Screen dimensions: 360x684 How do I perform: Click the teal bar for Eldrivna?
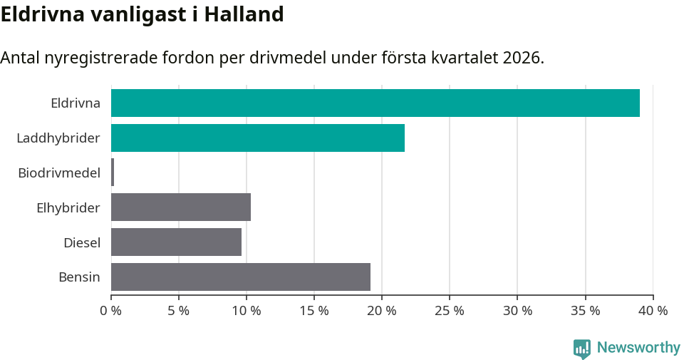[375, 103]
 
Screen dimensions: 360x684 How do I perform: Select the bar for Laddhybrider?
[258, 138]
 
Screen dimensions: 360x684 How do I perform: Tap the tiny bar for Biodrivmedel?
[113, 173]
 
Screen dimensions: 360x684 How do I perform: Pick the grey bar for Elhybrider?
[181, 207]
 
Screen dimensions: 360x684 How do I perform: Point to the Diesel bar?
[177, 242]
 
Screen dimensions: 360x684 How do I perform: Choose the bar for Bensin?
[241, 277]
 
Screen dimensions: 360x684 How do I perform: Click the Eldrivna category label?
[76, 103]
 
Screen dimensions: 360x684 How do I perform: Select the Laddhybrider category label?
[58, 138]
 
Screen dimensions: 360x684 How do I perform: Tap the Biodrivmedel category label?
[59, 173]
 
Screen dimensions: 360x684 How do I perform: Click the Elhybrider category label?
[68, 208]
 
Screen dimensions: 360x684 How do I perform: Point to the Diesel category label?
[82, 243]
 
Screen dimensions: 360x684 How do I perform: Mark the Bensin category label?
[79, 277]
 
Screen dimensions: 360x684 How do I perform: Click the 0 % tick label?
[111, 311]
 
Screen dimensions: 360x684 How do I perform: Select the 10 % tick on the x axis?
[247, 311]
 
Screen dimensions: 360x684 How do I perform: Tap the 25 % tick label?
[450, 311]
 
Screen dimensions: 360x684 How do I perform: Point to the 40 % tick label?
[653, 311]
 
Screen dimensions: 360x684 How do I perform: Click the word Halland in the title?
[244, 14]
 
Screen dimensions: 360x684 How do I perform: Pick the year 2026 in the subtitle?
[522, 58]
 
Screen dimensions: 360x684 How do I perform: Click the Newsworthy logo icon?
[582, 348]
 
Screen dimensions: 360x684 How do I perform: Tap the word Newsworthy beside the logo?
[638, 348]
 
